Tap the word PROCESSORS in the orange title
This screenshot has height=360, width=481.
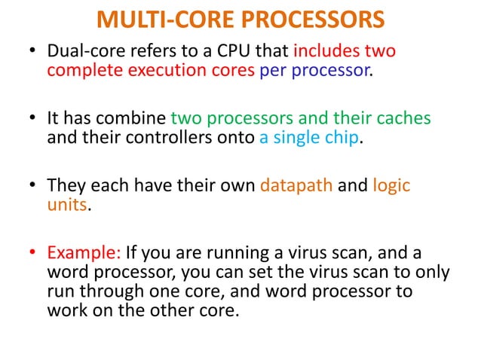(307, 19)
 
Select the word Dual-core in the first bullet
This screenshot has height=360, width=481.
(82, 53)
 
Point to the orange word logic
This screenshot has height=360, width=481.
(391, 185)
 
